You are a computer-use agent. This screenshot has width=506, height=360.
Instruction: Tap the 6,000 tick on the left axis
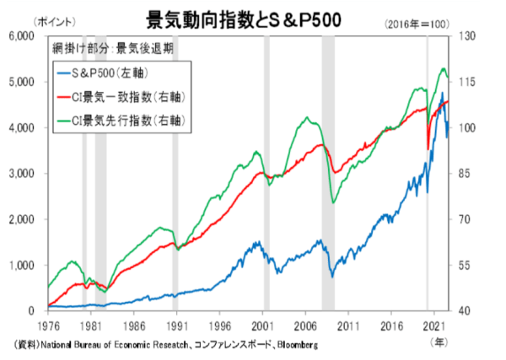tap(20, 36)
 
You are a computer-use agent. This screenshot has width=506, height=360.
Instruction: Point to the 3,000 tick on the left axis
tap(20, 174)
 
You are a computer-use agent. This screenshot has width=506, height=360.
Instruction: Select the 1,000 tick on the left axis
tap(20, 266)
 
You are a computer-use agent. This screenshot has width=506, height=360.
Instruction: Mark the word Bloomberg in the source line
tap(298, 346)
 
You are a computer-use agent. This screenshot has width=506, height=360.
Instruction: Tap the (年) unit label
tap(438, 341)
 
